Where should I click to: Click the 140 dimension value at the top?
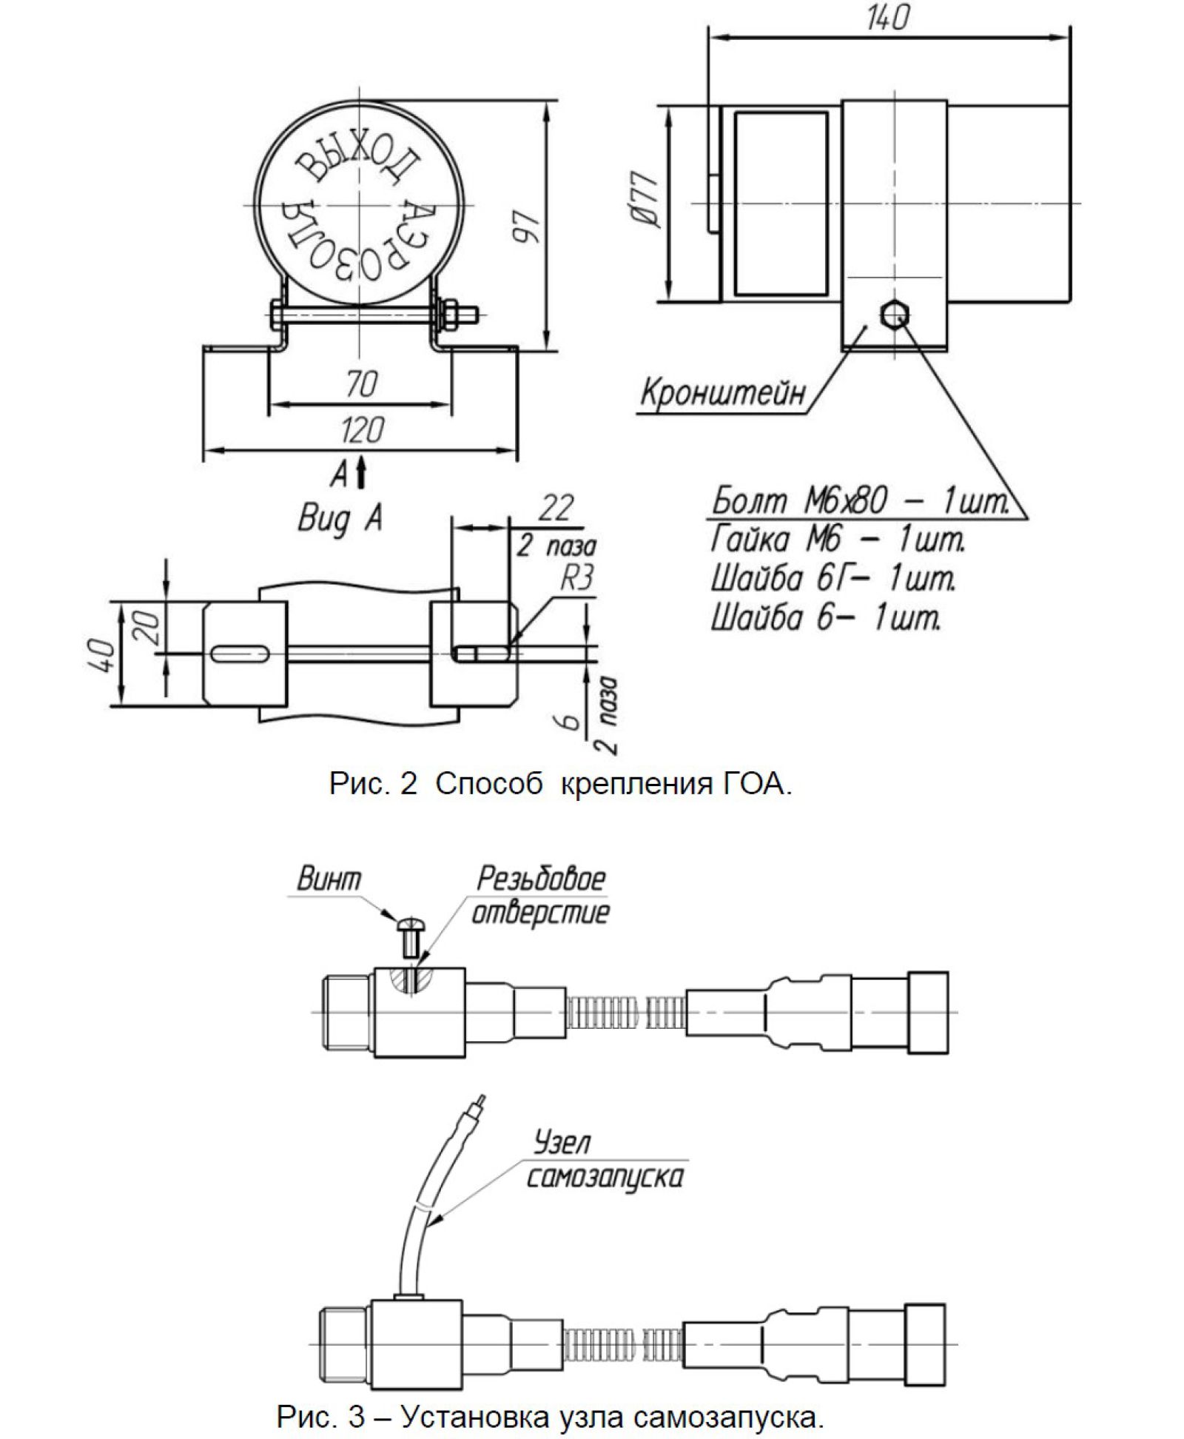click(887, 17)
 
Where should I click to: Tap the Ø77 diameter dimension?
click(645, 198)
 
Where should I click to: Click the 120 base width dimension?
click(362, 430)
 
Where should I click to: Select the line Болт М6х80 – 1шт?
click(860, 502)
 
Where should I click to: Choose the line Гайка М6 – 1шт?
click(838, 540)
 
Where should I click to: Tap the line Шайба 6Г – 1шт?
click(832, 578)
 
